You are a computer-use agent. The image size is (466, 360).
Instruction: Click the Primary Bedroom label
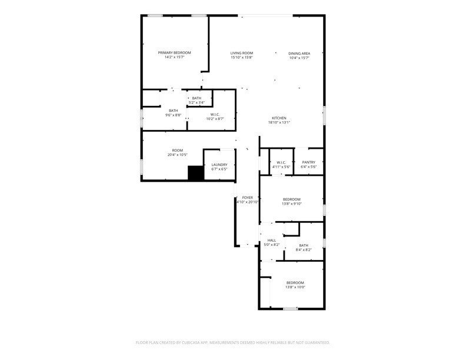(174, 52)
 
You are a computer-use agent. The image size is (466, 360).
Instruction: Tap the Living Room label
(242, 53)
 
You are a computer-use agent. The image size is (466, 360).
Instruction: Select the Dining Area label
(299, 54)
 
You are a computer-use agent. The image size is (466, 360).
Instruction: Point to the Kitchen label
(279, 118)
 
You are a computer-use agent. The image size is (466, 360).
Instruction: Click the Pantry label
(308, 162)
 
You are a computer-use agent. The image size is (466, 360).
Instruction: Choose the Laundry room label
(219, 165)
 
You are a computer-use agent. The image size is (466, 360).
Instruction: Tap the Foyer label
(248, 198)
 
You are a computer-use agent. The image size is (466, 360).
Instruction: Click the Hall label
(272, 241)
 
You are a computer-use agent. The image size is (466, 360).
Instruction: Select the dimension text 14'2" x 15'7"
(174, 57)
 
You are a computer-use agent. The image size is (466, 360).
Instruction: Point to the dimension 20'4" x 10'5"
(178, 155)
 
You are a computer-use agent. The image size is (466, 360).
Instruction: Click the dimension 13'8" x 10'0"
(295, 287)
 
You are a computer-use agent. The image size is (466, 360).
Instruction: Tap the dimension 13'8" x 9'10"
(292, 204)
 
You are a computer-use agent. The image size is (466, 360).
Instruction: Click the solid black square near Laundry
(195, 173)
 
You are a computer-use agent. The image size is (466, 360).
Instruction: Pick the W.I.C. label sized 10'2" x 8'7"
(215, 114)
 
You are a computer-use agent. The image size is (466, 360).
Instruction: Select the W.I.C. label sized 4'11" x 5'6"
(281, 162)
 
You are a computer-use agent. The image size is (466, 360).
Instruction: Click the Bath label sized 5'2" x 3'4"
(197, 98)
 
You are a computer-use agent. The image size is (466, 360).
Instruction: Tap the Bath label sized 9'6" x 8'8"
(173, 111)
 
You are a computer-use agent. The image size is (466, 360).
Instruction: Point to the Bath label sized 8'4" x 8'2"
(304, 245)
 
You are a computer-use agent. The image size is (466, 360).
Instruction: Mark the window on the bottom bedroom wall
(290, 309)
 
